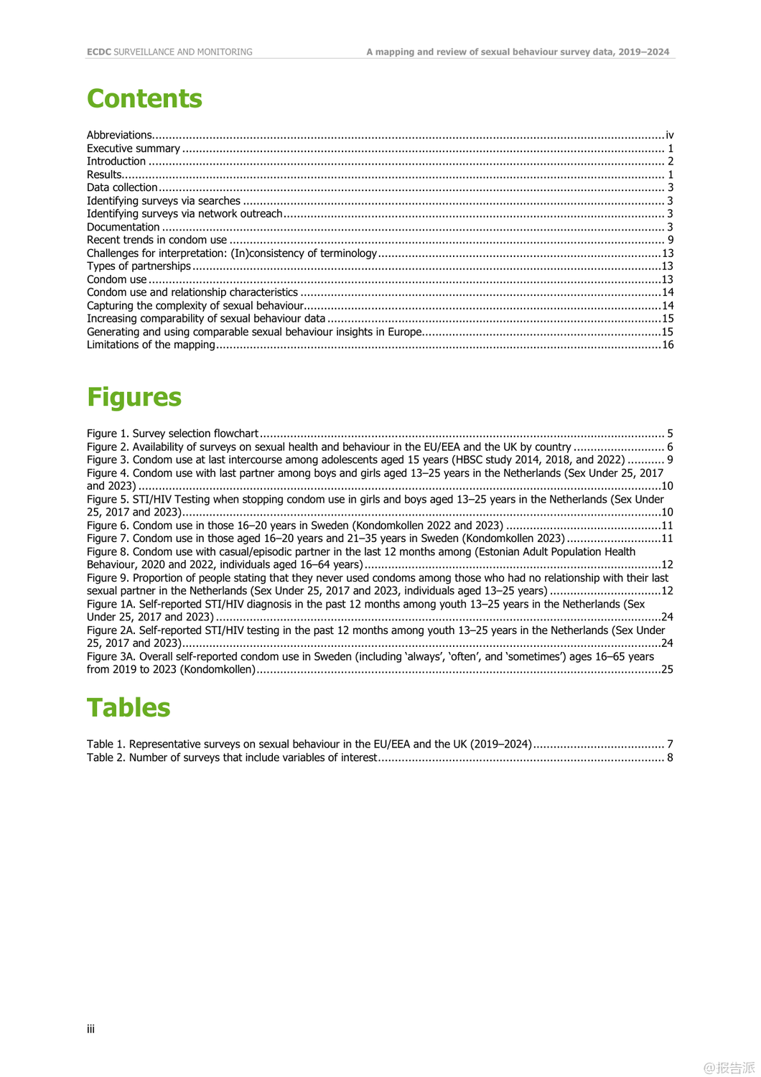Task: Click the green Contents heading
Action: pos(144,99)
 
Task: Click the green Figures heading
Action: pos(134,397)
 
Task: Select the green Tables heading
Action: pos(129,708)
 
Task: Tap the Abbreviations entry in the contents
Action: pos(119,135)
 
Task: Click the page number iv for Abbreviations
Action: pos(669,135)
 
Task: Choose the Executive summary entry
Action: pos(134,149)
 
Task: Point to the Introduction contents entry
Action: pos(116,162)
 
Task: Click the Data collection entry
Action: pos(122,187)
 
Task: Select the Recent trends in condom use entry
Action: pos(157,240)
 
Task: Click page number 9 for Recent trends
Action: pos(671,240)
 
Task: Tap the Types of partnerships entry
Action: pos(139,266)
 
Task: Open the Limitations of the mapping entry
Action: pos(151,345)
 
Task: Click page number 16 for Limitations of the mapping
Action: pos(668,345)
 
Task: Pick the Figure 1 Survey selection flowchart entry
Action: pos(172,434)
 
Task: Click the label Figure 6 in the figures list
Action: pos(108,526)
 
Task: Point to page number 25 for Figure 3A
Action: pos(667,669)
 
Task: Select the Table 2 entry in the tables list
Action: pos(231,757)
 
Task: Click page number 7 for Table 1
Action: pos(671,745)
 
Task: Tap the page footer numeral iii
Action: pos(90,1029)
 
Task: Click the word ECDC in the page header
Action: pos(99,52)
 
